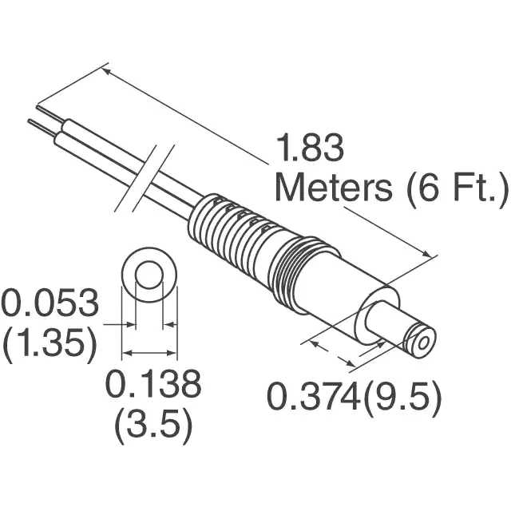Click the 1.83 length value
(310, 149)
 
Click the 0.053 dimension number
(50, 304)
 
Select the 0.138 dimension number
(153, 387)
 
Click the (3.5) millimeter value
(153, 427)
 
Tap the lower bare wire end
(35, 125)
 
